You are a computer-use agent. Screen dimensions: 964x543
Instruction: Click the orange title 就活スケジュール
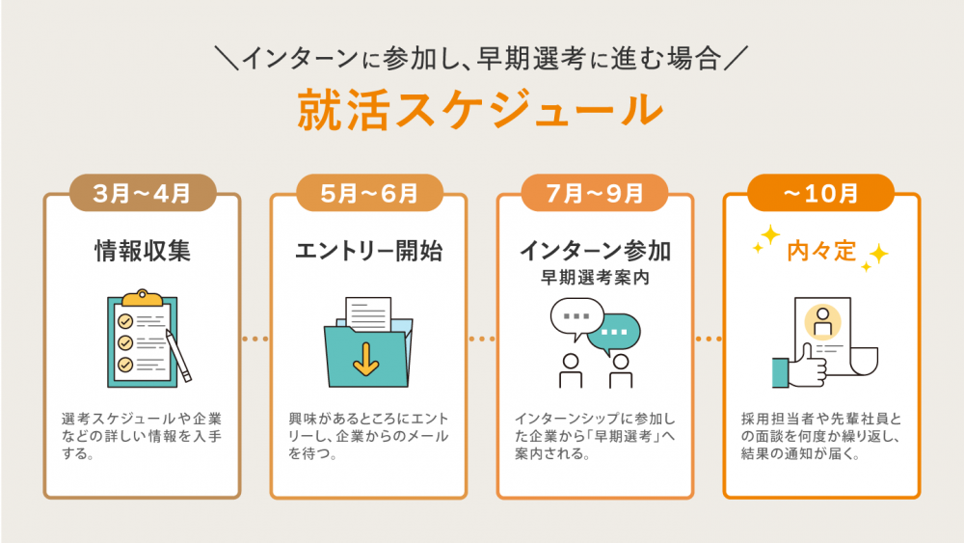(x=480, y=109)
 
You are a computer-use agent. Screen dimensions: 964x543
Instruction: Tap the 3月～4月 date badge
(x=143, y=193)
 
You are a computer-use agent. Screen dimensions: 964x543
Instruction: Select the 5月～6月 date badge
(x=369, y=193)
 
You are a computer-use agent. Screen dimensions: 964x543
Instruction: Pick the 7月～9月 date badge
(x=595, y=193)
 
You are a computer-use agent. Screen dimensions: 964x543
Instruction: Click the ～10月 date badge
(x=820, y=193)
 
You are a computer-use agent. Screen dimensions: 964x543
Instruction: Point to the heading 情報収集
(x=143, y=251)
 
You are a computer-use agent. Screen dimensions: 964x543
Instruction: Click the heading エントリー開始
(x=369, y=251)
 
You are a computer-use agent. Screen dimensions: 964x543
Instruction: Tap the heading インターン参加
(x=595, y=251)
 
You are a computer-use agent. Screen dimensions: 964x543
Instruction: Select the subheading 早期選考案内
(x=595, y=278)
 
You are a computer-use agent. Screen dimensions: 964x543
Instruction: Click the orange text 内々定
(x=821, y=251)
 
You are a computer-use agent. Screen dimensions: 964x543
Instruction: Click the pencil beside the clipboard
(x=178, y=356)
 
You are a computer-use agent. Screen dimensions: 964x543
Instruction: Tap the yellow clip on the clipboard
(x=142, y=298)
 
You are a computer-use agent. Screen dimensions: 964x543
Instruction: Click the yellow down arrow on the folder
(x=365, y=359)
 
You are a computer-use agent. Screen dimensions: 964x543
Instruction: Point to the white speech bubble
(x=576, y=317)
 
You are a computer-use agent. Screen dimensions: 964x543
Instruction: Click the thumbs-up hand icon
(x=800, y=367)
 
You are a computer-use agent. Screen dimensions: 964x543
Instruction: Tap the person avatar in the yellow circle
(x=822, y=321)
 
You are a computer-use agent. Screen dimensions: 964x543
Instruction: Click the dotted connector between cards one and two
(x=255, y=339)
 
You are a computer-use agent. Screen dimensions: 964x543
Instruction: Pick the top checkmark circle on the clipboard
(x=125, y=321)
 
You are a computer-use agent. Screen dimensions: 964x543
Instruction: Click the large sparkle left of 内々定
(x=769, y=235)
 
